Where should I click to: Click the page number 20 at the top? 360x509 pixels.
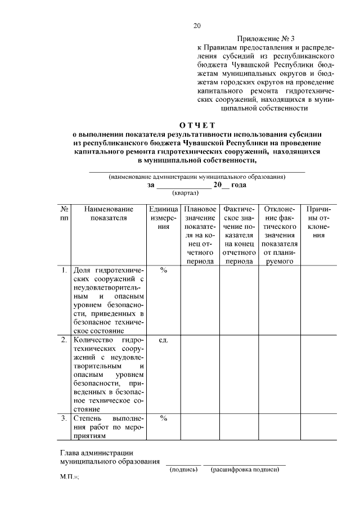click(x=197, y=25)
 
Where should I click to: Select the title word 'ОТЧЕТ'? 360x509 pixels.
click(x=197, y=125)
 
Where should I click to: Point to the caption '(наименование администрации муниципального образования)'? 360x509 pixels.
click(x=197, y=177)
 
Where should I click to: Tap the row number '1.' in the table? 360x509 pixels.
click(x=65, y=270)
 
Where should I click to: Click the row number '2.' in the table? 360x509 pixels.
click(x=65, y=340)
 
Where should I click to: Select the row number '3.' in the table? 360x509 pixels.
click(x=65, y=418)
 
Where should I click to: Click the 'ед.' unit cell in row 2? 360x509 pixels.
click(x=164, y=340)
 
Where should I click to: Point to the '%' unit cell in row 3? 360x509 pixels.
click(x=164, y=418)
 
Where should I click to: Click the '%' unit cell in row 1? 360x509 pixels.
click(x=164, y=270)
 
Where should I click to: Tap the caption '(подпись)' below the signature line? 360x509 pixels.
click(x=184, y=470)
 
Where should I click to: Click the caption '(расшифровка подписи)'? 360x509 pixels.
click(x=245, y=470)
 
